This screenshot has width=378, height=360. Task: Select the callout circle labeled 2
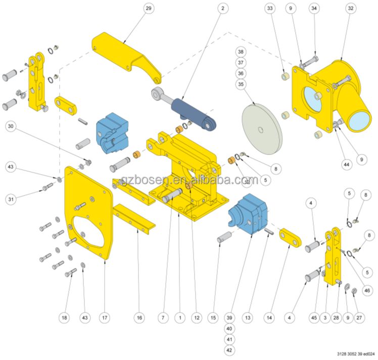point(223,9)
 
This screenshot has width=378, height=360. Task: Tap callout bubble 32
point(350,9)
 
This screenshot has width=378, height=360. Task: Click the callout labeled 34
point(314,9)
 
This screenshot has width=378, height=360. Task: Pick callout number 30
point(11,127)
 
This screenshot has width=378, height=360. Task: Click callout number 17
point(105,318)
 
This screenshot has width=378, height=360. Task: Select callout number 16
point(139,318)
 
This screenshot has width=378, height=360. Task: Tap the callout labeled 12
point(196,318)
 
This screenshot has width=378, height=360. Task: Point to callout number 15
point(213,318)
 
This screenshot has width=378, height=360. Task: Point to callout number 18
point(64,318)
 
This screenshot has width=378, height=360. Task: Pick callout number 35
point(241,84)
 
